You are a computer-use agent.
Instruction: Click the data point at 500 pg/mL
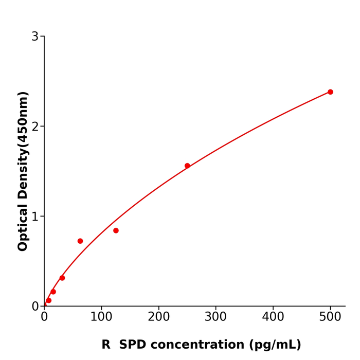[x=330, y=92]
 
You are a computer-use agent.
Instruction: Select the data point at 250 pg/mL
[x=187, y=166]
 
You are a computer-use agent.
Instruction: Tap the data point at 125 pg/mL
[x=116, y=230]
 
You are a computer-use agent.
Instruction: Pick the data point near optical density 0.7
[x=80, y=241]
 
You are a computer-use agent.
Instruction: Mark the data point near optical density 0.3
[x=62, y=278]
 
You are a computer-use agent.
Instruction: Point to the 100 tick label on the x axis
[x=101, y=317]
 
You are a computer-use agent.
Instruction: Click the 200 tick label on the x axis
[x=158, y=317]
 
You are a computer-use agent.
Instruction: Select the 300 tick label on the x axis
[x=215, y=317]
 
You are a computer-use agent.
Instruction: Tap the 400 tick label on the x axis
[x=273, y=317]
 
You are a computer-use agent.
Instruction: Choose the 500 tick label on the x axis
[x=330, y=317]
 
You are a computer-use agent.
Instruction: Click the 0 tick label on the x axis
[x=44, y=317]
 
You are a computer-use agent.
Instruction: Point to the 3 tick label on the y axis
[x=35, y=37]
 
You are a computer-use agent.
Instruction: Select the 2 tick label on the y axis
[x=35, y=127]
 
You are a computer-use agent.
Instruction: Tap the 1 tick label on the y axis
[x=35, y=217]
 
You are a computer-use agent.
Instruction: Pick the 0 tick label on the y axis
[x=35, y=306]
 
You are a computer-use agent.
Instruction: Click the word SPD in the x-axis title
[x=134, y=345]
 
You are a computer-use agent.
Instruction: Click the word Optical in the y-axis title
[x=23, y=228]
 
